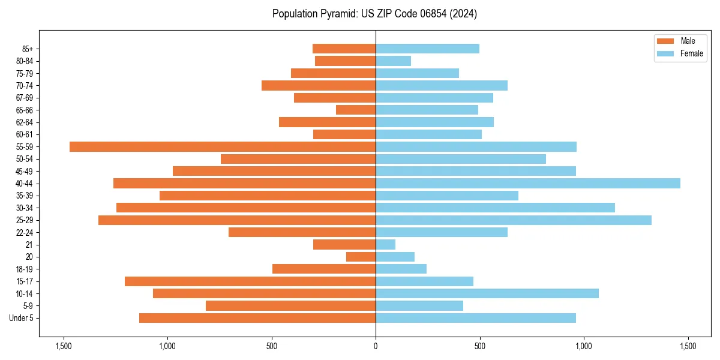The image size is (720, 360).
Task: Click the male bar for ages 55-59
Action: pyautogui.click(x=223, y=146)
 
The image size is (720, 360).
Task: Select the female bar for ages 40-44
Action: pyautogui.click(x=528, y=183)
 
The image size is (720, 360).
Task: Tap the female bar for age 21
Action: pyautogui.click(x=385, y=244)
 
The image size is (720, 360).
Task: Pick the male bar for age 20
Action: pyautogui.click(x=361, y=257)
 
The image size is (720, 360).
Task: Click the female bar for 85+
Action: pyautogui.click(x=427, y=49)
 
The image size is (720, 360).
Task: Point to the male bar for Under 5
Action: pyautogui.click(x=257, y=318)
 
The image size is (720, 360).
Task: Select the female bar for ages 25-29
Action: pyautogui.click(x=514, y=220)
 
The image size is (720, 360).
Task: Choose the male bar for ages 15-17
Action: pyautogui.click(x=250, y=281)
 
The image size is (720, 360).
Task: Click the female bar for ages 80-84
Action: pyautogui.click(x=393, y=61)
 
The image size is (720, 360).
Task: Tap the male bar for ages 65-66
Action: pyautogui.click(x=356, y=110)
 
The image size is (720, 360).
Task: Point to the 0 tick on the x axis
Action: pyautogui.click(x=376, y=346)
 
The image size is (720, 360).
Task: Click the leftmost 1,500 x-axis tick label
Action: pyautogui.click(x=63, y=346)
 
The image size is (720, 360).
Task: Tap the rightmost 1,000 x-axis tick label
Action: pyautogui.click(x=584, y=346)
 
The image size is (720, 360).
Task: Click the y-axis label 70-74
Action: pyautogui.click(x=25, y=85)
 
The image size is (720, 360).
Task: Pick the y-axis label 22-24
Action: pyautogui.click(x=25, y=232)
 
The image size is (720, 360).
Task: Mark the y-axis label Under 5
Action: pyautogui.click(x=22, y=318)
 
